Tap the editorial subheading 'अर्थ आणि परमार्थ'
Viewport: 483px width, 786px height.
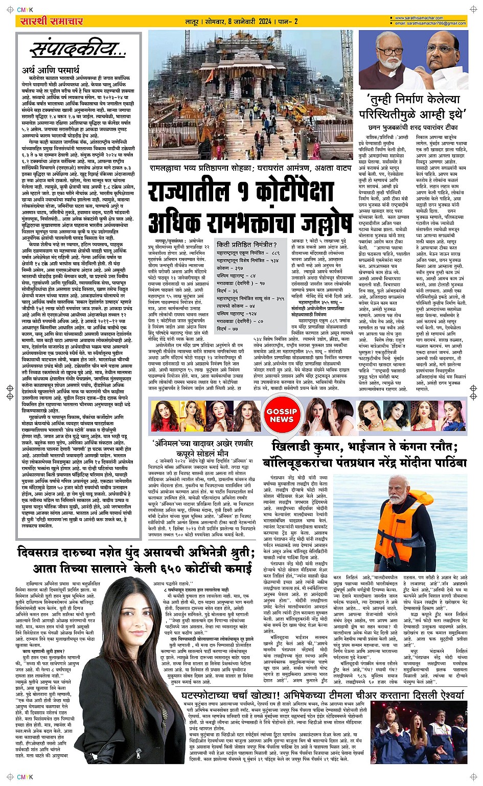click(x=51, y=70)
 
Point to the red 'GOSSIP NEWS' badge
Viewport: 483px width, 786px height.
click(x=282, y=415)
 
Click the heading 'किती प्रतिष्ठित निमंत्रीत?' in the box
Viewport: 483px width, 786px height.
click(x=246, y=245)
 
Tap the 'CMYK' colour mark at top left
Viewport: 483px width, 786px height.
click(x=25, y=9)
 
